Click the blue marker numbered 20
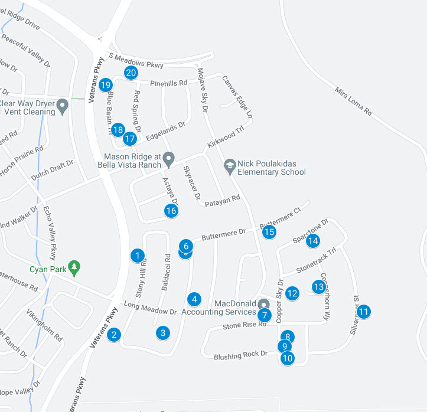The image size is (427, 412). [x=131, y=73]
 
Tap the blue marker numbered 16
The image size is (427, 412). [x=171, y=211]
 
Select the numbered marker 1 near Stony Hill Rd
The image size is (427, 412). [x=137, y=256]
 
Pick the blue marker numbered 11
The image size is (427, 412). [x=364, y=312]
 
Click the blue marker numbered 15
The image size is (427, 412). [x=269, y=232]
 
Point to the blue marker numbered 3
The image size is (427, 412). [x=163, y=333]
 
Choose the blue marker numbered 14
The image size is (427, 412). [x=313, y=241]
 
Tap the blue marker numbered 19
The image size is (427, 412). [x=106, y=85]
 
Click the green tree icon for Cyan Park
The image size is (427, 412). [x=74, y=267]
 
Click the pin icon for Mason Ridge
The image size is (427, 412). [x=168, y=159]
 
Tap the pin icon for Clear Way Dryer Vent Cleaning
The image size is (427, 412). [x=63, y=107]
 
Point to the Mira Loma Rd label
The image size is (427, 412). [x=353, y=101]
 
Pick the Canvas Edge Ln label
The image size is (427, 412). [x=237, y=96]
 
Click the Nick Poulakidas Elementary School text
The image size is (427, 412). [x=272, y=168]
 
